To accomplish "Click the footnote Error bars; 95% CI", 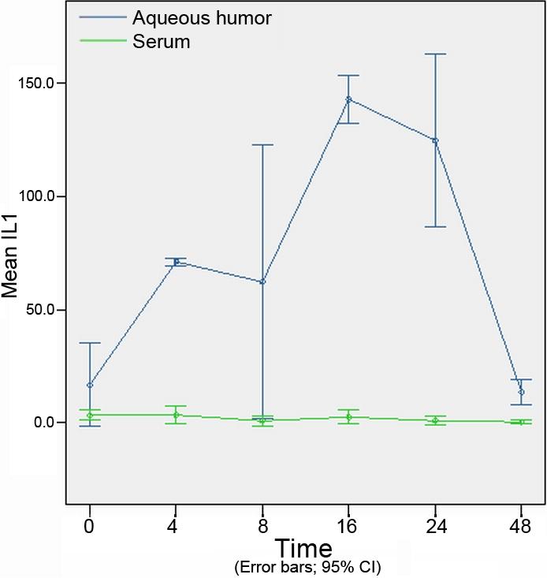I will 307,567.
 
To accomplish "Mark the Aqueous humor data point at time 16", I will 348,99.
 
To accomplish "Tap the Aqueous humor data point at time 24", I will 435,140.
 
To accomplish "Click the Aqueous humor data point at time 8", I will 262,282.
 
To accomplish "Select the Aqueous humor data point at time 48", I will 521,392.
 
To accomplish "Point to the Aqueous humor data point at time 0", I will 90,385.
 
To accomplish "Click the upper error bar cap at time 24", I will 435,54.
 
